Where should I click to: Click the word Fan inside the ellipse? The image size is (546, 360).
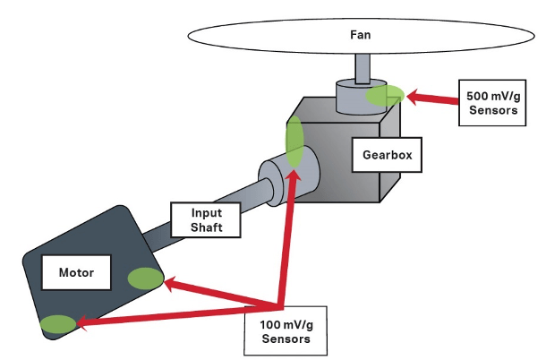(361, 35)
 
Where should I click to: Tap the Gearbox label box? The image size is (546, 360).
(387, 155)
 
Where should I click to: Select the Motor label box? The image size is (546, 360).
(76, 272)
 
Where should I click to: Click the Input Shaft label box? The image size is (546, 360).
(206, 220)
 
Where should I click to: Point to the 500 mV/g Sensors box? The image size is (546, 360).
(492, 103)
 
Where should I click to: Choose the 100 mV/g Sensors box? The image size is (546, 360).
(286, 331)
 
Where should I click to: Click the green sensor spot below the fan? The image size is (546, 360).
(385, 95)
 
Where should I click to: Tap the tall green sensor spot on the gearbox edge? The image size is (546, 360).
(294, 141)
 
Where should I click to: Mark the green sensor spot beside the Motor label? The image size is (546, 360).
(146, 279)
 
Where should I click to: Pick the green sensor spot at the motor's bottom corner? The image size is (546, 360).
(58, 324)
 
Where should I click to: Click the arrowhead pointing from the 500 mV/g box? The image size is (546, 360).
(414, 97)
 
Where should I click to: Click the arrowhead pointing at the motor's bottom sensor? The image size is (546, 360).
(82, 322)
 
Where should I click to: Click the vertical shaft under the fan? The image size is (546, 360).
(363, 69)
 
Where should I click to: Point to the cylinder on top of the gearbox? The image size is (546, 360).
(361, 97)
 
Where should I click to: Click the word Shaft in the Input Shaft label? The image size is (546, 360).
(207, 227)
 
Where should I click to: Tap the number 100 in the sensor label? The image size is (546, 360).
(269, 325)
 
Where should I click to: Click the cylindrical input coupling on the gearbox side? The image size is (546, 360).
(289, 176)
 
